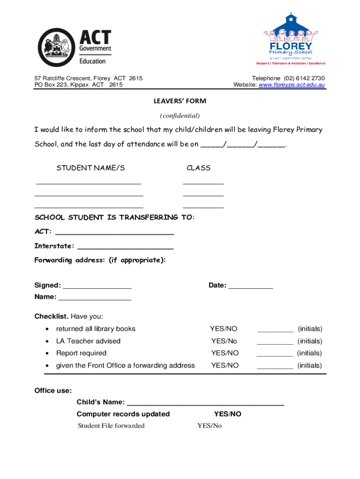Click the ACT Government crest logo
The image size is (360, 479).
(56, 47)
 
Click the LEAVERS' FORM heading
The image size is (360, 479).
(180, 101)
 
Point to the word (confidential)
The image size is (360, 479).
(180, 116)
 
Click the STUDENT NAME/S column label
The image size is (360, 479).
(91, 168)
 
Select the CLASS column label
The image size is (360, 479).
(199, 168)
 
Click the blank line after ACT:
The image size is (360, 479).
(115, 232)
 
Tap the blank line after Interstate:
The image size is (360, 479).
(125, 247)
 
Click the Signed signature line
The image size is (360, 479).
(97, 287)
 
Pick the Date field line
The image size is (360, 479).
(250, 287)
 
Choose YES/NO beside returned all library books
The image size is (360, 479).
(224, 329)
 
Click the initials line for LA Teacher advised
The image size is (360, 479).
(275, 342)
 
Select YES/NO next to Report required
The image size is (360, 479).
(225, 353)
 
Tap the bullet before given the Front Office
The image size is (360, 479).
(47, 366)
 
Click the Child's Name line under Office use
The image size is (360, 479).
(205, 403)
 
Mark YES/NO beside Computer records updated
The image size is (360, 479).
(228, 414)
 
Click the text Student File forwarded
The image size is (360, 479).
(111, 426)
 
